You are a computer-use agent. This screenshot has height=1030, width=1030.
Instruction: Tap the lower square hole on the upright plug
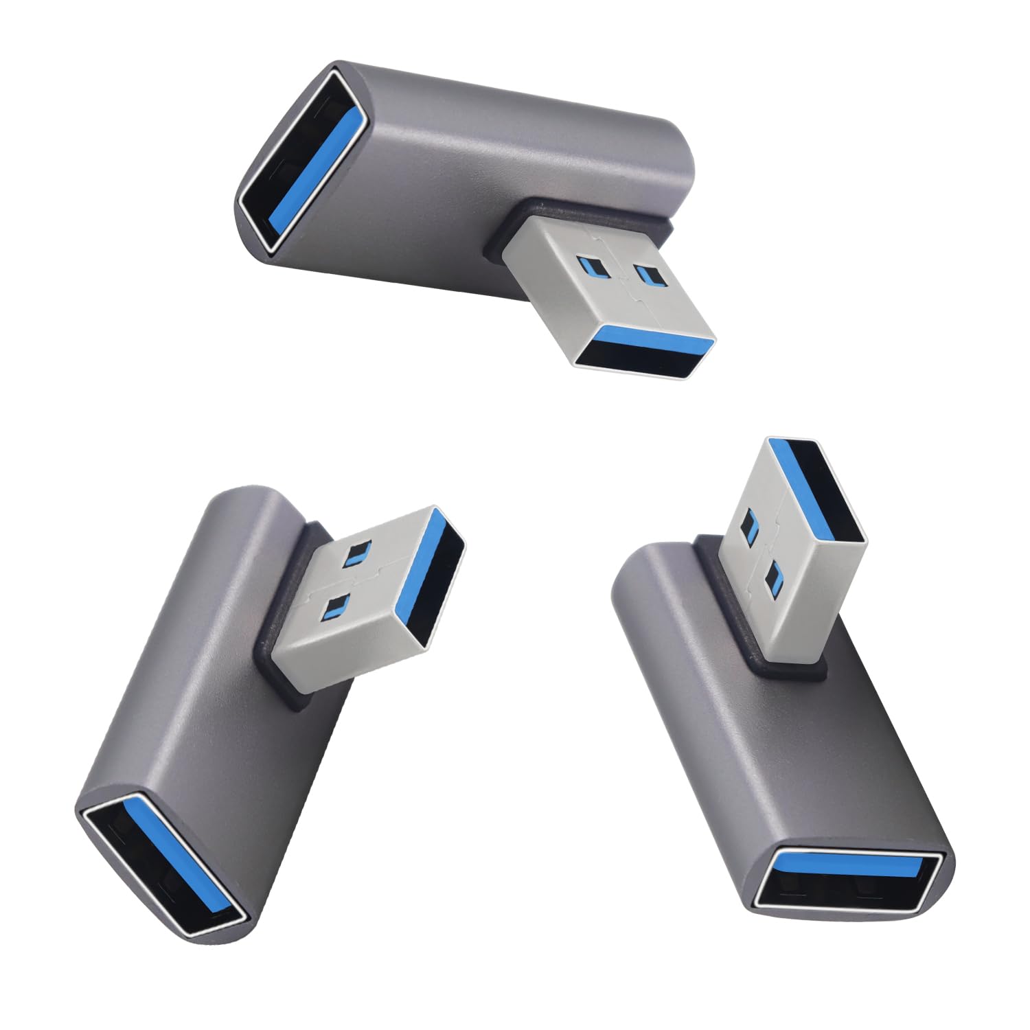(774, 577)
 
